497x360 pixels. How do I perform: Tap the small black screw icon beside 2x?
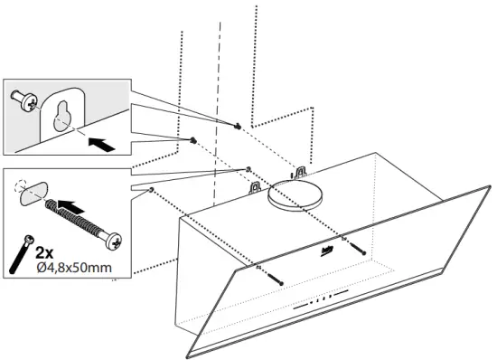[x=20, y=252]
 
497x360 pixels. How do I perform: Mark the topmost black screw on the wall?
[x=237, y=126]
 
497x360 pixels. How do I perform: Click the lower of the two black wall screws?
[x=192, y=140]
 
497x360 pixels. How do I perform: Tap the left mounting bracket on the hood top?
[x=255, y=187]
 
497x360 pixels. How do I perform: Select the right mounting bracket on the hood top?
[x=299, y=170]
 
